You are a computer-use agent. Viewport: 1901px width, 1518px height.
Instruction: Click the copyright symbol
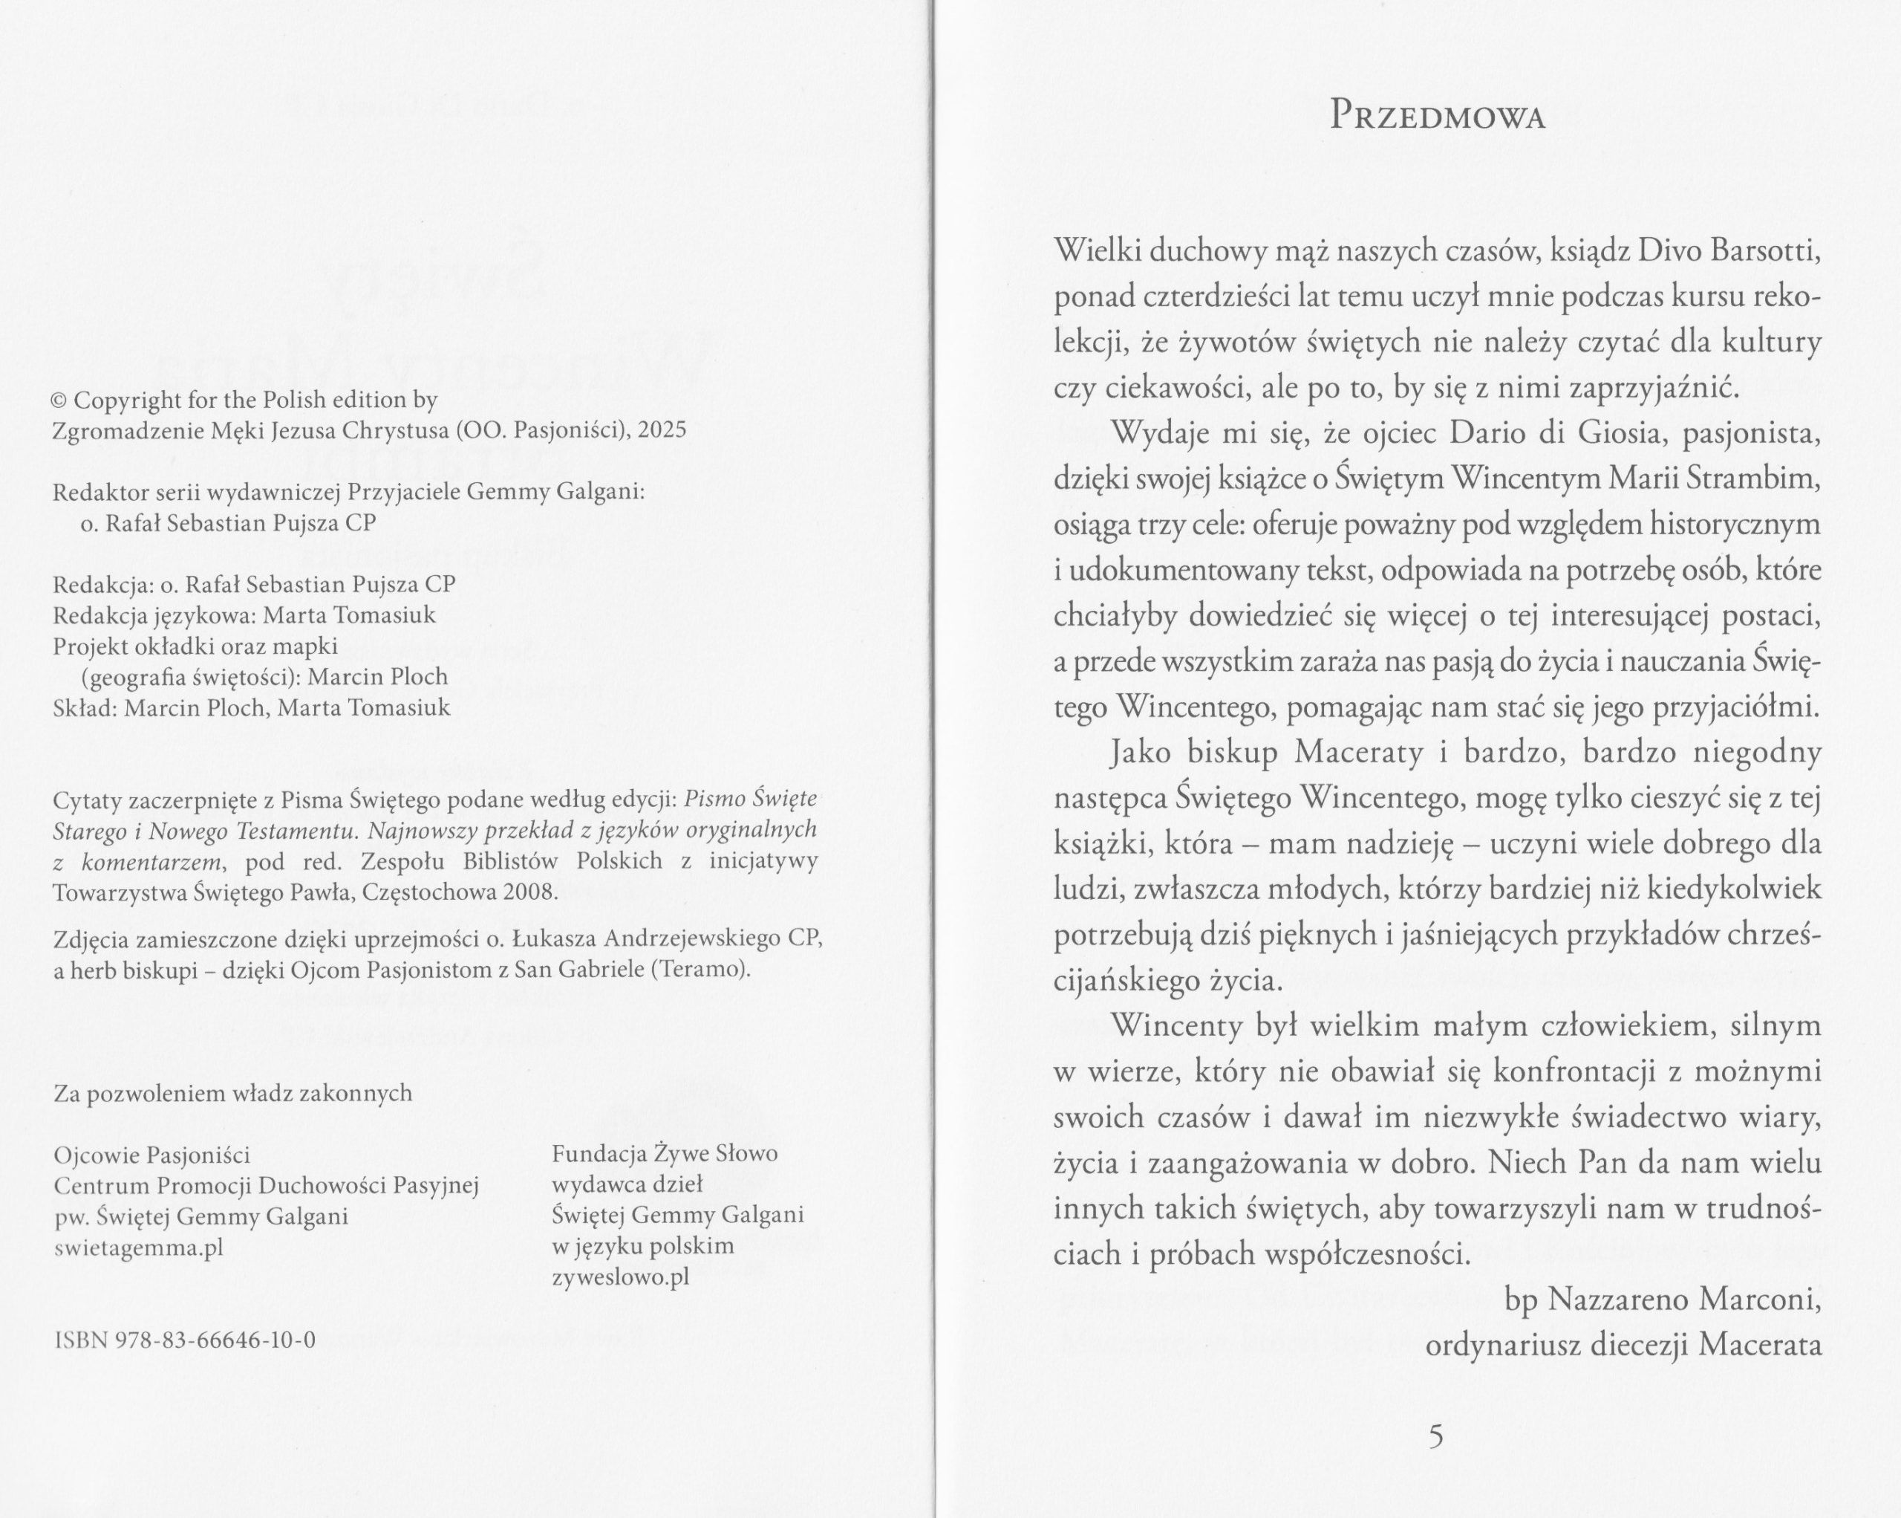point(60,400)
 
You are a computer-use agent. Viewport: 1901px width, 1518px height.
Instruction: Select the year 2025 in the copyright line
point(662,430)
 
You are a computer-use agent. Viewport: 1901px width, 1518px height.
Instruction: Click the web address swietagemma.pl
point(138,1248)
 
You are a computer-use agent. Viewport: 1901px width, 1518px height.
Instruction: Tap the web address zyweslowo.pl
point(620,1278)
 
